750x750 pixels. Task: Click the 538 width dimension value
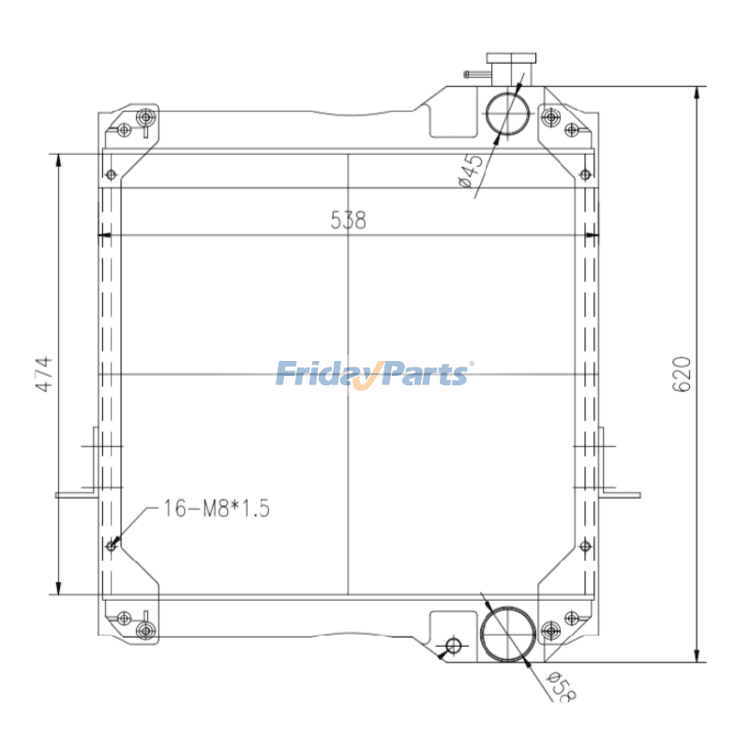pos(348,220)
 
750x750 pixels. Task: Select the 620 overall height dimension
pos(682,374)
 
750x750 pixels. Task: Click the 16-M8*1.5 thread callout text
pos(216,509)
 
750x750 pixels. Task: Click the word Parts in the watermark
pos(426,374)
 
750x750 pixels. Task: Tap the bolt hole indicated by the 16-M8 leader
pos(112,545)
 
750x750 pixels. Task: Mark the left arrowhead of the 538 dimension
pos(105,234)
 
